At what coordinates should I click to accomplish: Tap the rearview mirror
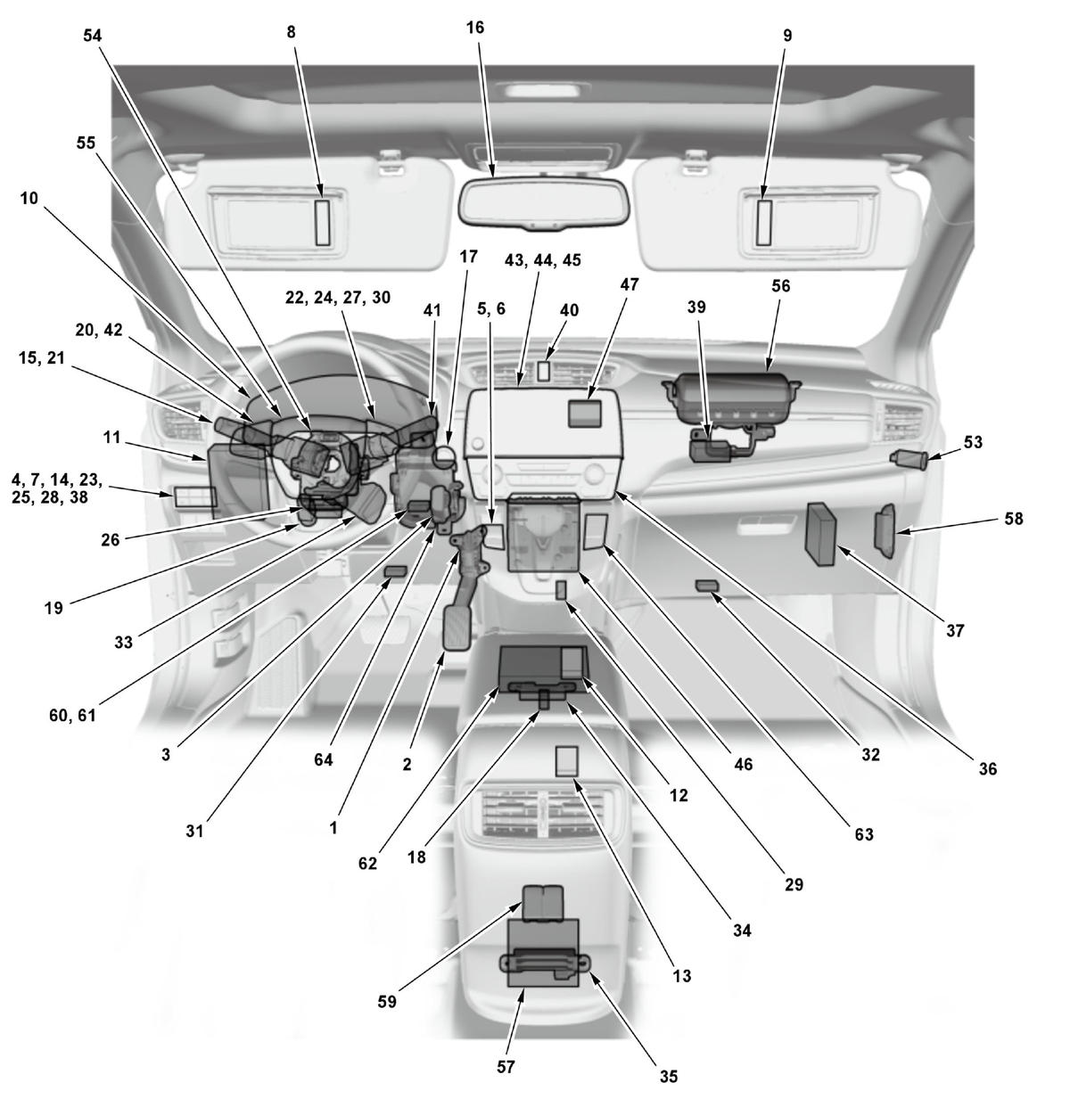click(544, 203)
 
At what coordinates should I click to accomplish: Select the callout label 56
click(780, 285)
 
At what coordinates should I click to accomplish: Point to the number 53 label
click(973, 442)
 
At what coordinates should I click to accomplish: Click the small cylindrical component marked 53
click(909, 459)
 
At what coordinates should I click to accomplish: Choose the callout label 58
click(1013, 518)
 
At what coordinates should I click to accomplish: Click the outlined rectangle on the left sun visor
click(323, 223)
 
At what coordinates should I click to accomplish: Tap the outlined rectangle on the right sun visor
click(764, 223)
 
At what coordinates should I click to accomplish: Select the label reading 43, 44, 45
click(543, 260)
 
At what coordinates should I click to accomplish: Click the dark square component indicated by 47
click(585, 414)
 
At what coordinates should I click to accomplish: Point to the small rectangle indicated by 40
click(542, 371)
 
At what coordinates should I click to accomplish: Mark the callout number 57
click(506, 1067)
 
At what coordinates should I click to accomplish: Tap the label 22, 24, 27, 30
click(338, 297)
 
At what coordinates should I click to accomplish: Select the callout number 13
click(682, 976)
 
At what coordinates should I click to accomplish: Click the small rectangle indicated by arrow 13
click(566, 761)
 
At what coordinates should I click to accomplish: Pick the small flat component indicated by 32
click(707, 586)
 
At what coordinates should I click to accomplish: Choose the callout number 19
click(53, 608)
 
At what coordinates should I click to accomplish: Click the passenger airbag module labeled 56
click(731, 401)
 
